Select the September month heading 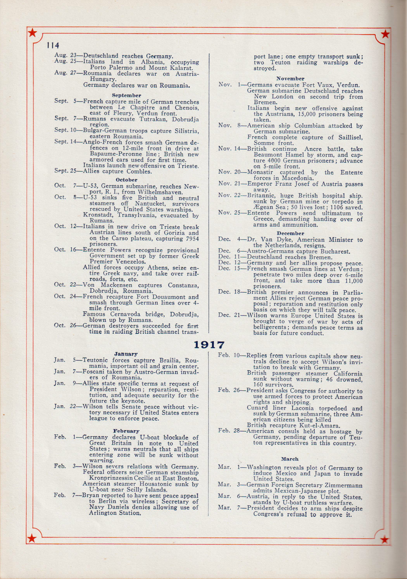click(x=127, y=96)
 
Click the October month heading click(x=127, y=180)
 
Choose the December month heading click(x=290, y=234)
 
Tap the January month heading click(x=126, y=354)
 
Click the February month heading click(x=126, y=431)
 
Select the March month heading click(x=290, y=459)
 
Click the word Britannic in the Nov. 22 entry click(x=259, y=196)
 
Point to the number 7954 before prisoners click(x=191, y=239)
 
